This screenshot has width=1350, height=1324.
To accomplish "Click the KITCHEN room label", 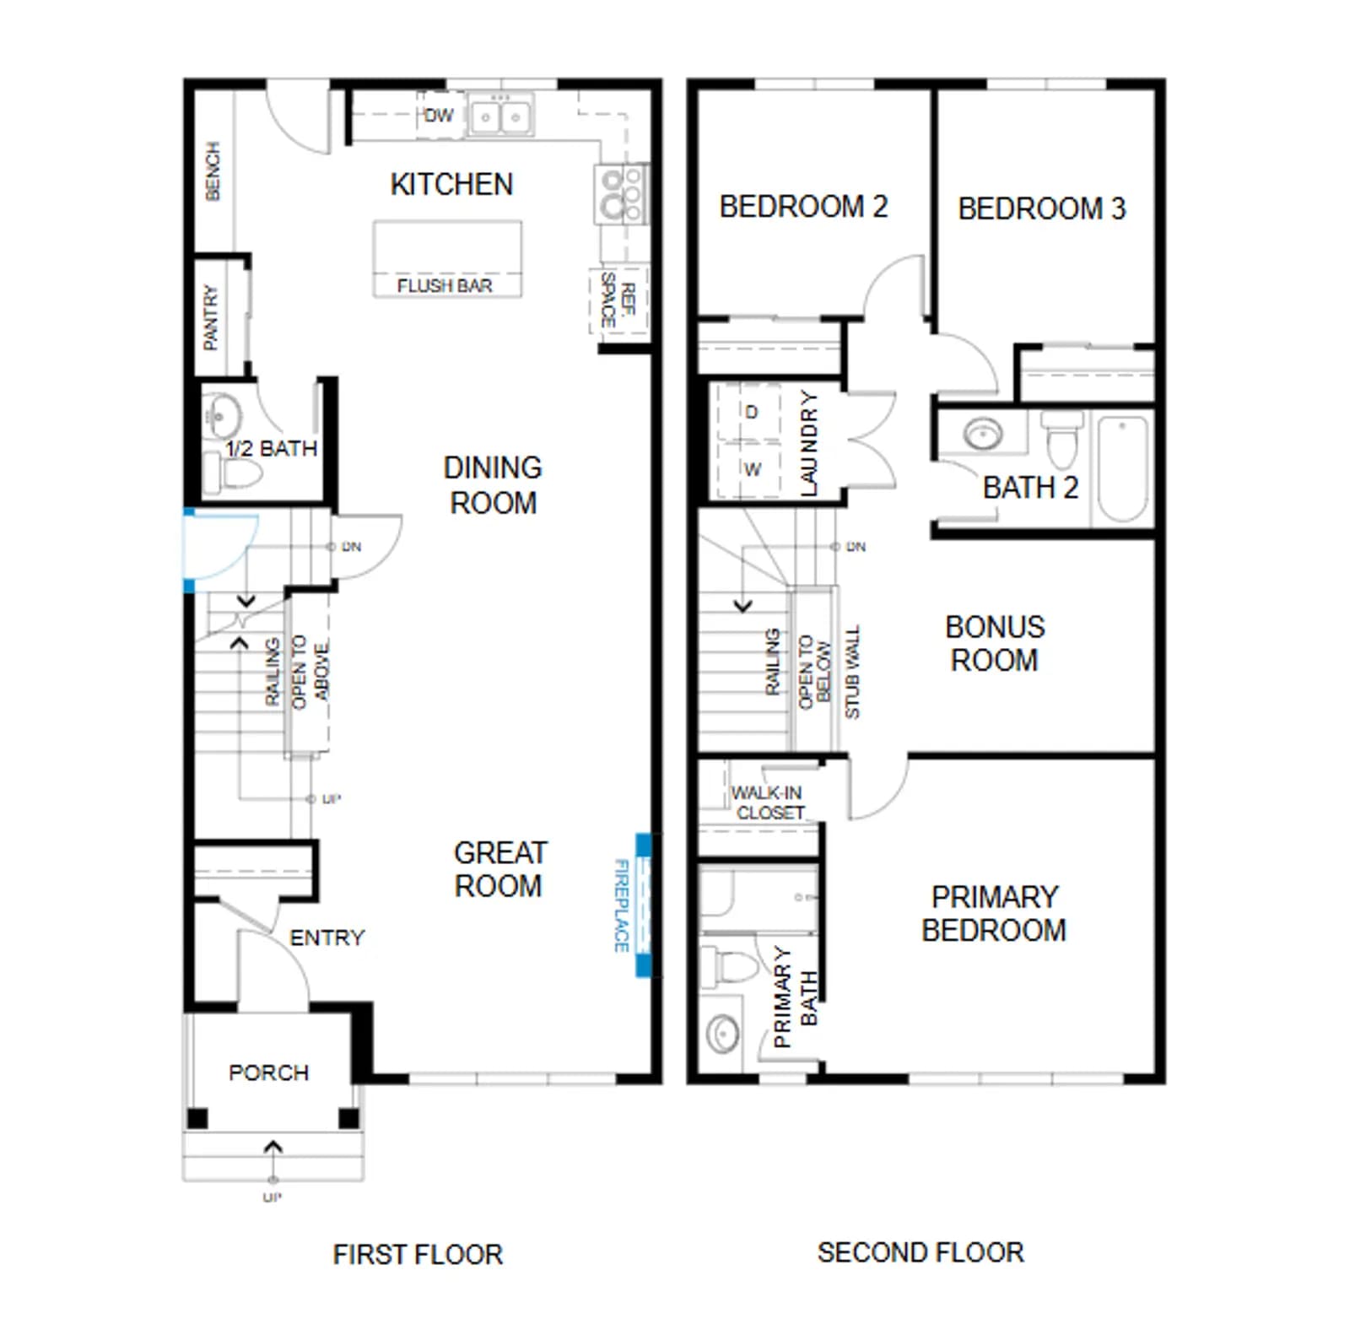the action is click(451, 184).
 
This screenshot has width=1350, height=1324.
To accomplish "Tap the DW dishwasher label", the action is click(438, 116).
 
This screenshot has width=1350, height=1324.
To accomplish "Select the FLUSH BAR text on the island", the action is click(445, 286).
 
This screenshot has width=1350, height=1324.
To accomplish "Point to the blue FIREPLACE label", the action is click(622, 905).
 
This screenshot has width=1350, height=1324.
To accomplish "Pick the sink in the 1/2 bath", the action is click(222, 415).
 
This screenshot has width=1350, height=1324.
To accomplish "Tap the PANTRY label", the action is click(211, 317).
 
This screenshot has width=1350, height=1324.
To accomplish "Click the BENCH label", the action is click(213, 171).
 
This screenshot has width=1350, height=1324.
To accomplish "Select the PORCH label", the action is click(268, 1073).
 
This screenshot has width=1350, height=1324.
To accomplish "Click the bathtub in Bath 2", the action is click(1123, 469).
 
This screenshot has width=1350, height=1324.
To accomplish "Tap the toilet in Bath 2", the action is click(1061, 438).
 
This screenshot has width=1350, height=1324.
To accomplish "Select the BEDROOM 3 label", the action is click(1042, 208).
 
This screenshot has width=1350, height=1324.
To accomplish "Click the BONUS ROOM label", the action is click(995, 643).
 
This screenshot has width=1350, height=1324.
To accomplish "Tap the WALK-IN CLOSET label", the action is click(768, 803).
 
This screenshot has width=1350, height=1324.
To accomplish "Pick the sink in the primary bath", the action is click(722, 1031).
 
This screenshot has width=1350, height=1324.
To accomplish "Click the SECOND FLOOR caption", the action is click(921, 1252).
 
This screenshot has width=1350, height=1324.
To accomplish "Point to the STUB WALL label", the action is click(852, 673).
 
